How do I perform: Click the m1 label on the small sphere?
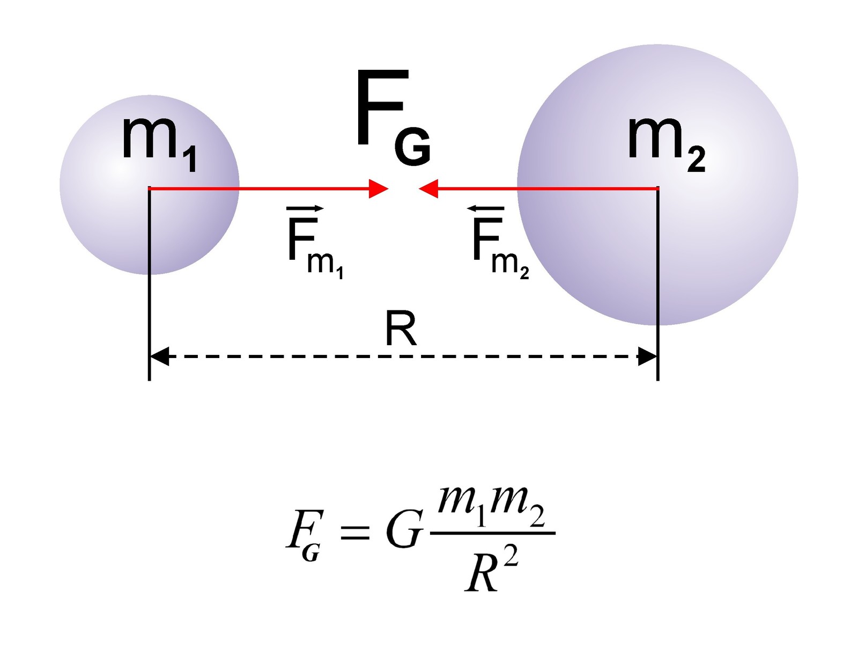159,144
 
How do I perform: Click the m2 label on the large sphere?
667,144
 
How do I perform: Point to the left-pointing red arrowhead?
428,188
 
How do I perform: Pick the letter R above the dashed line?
401,329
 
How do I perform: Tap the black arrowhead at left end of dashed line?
159,356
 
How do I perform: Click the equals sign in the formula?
355,533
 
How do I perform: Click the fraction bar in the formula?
492,533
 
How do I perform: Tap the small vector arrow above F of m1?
305,208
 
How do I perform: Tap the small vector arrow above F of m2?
486,208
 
